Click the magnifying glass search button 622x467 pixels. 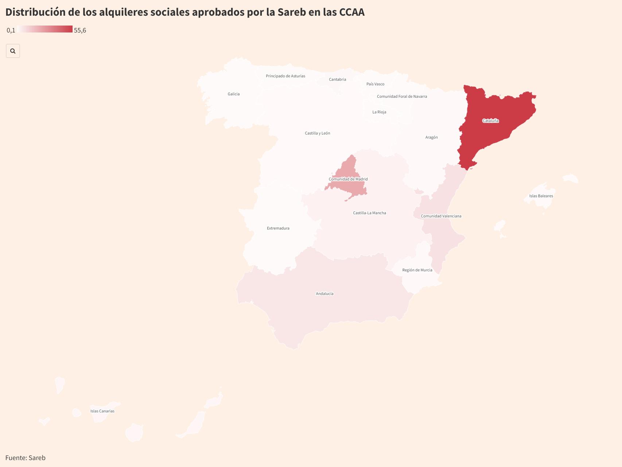click(x=13, y=51)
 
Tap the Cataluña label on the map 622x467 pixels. click(x=490, y=121)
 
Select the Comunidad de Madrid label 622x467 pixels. click(x=348, y=179)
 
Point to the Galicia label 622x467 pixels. click(x=234, y=94)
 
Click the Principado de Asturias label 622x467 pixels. click(x=285, y=76)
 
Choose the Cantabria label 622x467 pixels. click(x=337, y=80)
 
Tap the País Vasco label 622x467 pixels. click(x=375, y=84)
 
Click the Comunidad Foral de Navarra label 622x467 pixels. click(x=402, y=97)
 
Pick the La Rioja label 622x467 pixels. click(x=379, y=112)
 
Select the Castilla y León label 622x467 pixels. click(x=318, y=134)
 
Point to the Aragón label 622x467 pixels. click(x=431, y=138)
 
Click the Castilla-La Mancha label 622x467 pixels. click(x=369, y=213)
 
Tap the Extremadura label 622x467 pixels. click(x=278, y=228)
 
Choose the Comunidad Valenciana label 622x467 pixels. click(x=441, y=216)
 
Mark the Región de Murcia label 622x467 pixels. click(x=417, y=270)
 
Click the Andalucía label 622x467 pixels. click(x=324, y=294)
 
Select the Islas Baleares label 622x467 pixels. click(x=541, y=196)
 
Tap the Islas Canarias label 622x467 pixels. click(x=102, y=411)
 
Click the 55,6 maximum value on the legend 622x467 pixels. click(x=80, y=30)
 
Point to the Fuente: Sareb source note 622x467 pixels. click(x=26, y=458)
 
